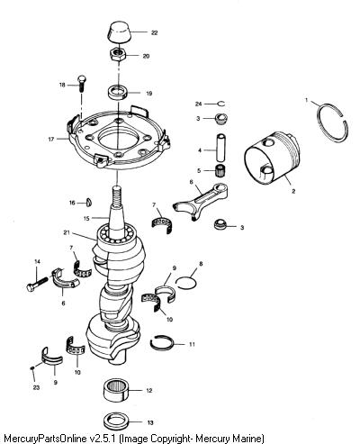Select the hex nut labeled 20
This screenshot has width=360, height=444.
point(117,55)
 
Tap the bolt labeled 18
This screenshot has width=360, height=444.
point(81,83)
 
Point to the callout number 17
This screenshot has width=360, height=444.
point(51,140)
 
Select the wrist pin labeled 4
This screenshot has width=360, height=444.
point(220,147)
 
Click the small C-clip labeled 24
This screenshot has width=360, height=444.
point(221,104)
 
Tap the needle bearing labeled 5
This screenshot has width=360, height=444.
point(221,170)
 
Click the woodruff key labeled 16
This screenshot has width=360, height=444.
point(89,203)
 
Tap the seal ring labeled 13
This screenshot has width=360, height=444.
point(116,421)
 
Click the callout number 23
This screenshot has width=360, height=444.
point(36,387)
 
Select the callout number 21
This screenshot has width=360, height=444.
point(67,232)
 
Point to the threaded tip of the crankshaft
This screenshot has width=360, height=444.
point(116,193)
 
